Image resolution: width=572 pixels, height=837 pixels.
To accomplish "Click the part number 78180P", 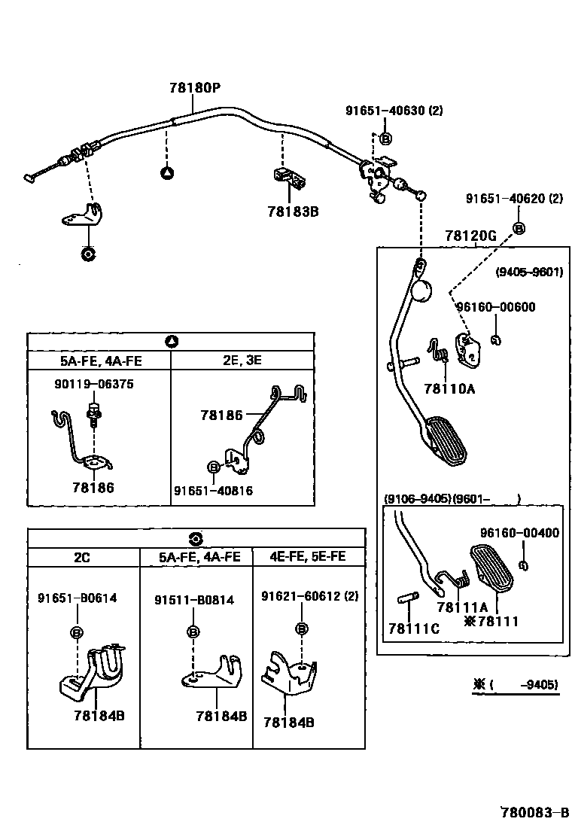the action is coord(195,87).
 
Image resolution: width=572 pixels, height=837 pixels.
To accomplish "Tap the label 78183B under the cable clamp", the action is coord(293,212).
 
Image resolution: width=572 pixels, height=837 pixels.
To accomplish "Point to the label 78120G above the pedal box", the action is coord(470,236).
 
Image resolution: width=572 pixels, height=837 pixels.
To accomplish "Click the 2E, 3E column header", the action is coord(242,361).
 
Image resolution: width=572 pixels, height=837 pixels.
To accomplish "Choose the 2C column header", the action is coord(81,558).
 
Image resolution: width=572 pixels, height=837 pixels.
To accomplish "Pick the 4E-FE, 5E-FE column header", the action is coord(307,557).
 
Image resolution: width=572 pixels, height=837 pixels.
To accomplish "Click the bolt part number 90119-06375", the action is coord(94,385).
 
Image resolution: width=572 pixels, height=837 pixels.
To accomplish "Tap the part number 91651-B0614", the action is coord(78,598).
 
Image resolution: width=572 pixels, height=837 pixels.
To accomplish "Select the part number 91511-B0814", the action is coord(194,601).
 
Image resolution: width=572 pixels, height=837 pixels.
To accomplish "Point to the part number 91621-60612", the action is coord(301,596).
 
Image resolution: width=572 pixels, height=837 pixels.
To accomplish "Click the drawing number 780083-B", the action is coord(534,813).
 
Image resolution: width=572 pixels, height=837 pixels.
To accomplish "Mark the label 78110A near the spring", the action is coord(449,389).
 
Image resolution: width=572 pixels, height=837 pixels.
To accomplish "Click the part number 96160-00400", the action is coord(520,533).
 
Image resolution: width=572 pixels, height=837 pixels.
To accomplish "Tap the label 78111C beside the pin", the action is coord(414,629).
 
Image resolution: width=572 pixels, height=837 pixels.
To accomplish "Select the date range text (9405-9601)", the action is coord(529,272).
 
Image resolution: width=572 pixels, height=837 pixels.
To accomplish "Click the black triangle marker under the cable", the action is coord(167,173).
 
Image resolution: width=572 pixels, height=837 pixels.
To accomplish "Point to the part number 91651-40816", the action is coord(214,491).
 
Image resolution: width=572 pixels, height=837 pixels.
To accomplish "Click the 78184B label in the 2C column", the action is coord(99,716).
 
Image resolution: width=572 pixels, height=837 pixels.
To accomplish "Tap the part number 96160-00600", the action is coord(496,307).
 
